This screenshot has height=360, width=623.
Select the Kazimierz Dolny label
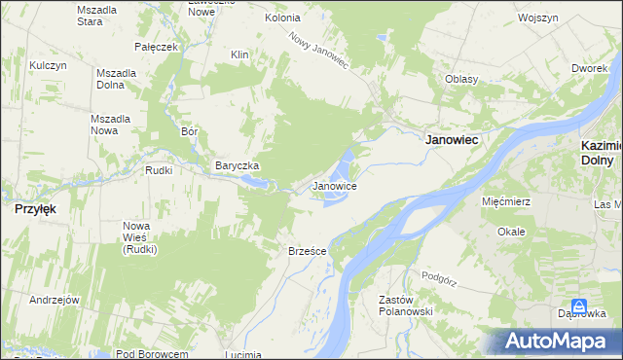pos(595,152)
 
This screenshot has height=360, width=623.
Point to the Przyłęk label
pos(34,208)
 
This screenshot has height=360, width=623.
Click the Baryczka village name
pos(237,166)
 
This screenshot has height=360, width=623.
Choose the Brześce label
pos(307,250)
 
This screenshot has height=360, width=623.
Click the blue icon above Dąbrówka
pos(579,306)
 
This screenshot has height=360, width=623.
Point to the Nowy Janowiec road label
pos(318,49)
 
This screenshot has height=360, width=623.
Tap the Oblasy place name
pos(460,79)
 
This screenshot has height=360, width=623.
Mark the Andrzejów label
pos(54,300)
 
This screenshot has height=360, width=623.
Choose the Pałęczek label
pos(157,46)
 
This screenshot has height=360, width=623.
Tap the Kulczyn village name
pos(47,64)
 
